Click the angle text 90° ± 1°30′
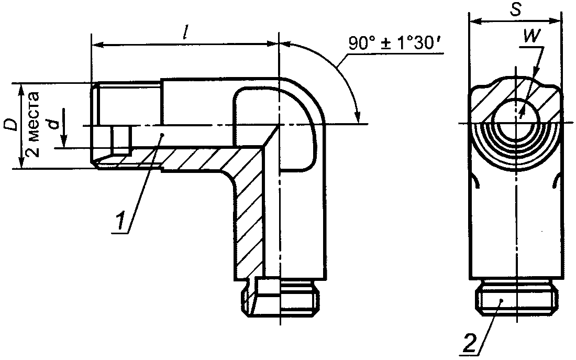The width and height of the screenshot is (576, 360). [397, 44]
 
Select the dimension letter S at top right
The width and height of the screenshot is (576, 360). [516, 10]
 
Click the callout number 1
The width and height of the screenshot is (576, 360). [119, 221]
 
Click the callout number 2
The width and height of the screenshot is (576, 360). [470, 343]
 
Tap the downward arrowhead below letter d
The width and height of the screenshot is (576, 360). [63, 141]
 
